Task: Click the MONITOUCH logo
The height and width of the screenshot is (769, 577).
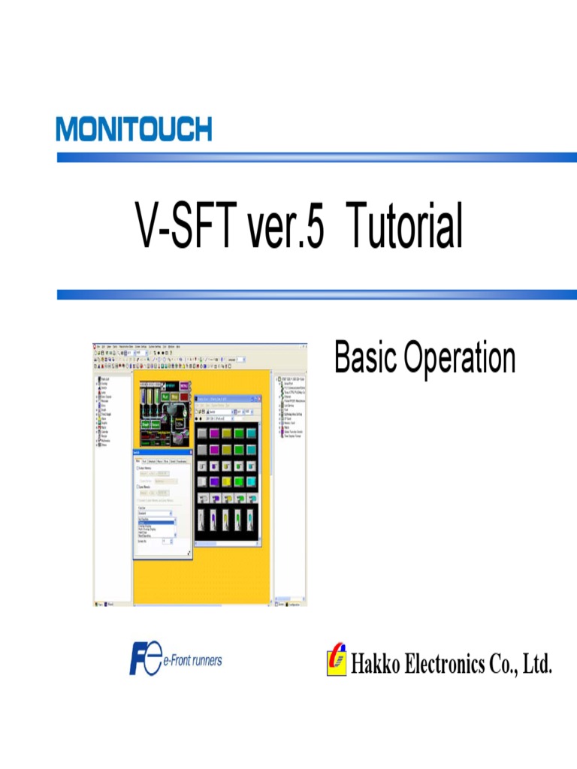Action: pos(134,129)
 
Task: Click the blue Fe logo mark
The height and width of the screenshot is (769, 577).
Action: pos(145,659)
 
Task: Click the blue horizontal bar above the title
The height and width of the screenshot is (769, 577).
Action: pos(316,158)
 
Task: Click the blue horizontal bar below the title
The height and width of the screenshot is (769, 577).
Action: pos(316,295)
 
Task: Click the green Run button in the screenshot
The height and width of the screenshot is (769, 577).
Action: pos(159,396)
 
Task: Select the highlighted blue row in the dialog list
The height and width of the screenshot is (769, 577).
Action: pos(155,521)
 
